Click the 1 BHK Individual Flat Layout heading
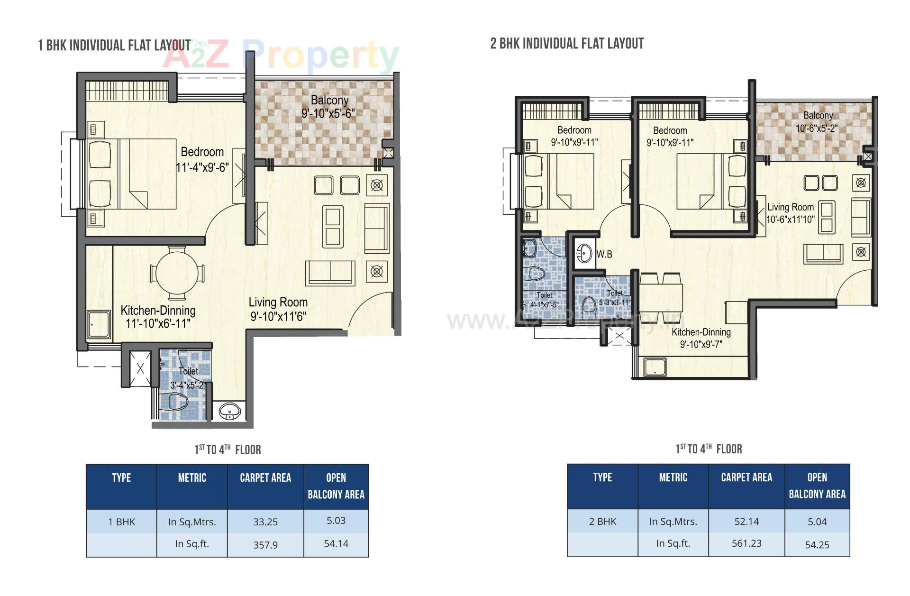pyautogui.click(x=114, y=46)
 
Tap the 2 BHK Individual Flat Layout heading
pyautogui.click(x=567, y=44)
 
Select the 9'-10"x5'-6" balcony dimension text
pyautogui.click(x=328, y=113)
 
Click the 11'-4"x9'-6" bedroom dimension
pyautogui.click(x=202, y=167)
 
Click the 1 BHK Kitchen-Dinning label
pyautogui.click(x=158, y=311)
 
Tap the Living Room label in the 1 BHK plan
pyautogui.click(x=278, y=302)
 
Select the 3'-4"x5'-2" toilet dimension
pyautogui.click(x=187, y=385)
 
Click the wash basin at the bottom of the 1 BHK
pyautogui.click(x=230, y=412)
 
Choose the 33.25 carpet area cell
pyautogui.click(x=265, y=522)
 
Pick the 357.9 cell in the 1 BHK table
pyautogui.click(x=265, y=545)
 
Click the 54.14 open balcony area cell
pyautogui.click(x=336, y=544)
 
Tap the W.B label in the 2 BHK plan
pyautogui.click(x=604, y=254)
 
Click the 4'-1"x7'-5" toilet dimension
pyautogui.click(x=544, y=305)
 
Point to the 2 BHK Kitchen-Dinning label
pyautogui.click(x=701, y=332)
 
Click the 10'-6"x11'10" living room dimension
pyautogui.click(x=790, y=219)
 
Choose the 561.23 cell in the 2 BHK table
pyautogui.click(x=746, y=543)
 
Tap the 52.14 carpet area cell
pyautogui.click(x=746, y=522)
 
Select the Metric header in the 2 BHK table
pyautogui.click(x=673, y=477)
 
